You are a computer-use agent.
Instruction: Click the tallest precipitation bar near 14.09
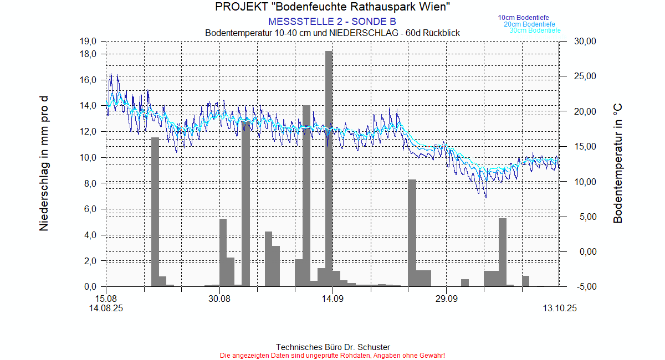(x=329, y=166)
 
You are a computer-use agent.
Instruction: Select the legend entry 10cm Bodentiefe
(x=523, y=18)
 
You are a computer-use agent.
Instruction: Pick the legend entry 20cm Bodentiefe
(x=529, y=24)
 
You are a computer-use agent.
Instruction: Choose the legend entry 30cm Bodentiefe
(x=535, y=30)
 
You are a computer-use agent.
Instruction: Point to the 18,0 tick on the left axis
(x=89, y=54)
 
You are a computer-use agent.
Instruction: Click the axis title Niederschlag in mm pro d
(x=44, y=163)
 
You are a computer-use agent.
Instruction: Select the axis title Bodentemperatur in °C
(x=618, y=163)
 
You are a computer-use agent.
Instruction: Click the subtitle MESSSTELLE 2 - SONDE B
(x=332, y=22)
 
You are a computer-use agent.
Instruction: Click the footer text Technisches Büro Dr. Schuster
(x=332, y=347)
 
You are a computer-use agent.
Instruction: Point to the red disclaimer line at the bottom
(x=332, y=355)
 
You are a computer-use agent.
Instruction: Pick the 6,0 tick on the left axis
(x=90, y=209)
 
